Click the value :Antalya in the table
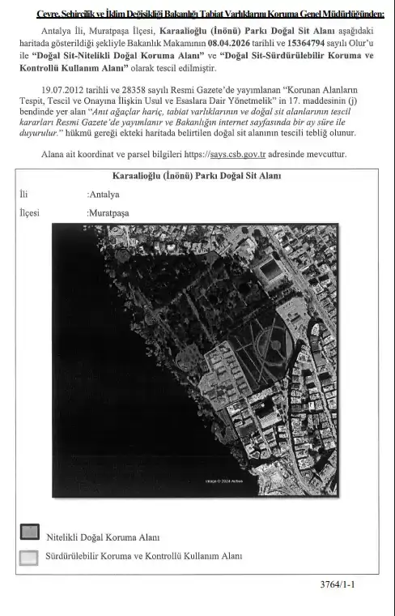point(103,195)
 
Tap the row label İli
point(23,195)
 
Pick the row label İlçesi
point(29,213)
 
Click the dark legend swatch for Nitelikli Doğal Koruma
point(29,532)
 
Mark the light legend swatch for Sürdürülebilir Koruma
point(29,557)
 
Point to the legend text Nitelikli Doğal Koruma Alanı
point(103,537)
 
